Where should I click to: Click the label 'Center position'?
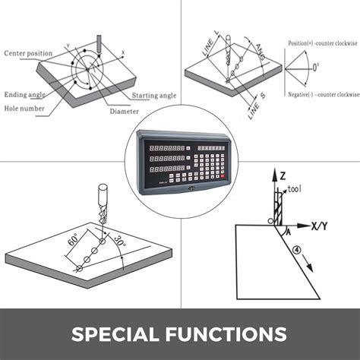click(x=28, y=53)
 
